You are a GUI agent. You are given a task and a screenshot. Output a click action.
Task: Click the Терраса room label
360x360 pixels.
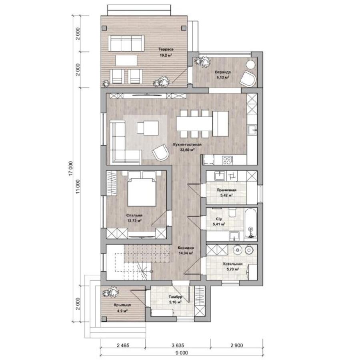click(166, 49)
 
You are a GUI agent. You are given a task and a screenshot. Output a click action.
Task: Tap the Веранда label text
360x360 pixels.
click(223, 72)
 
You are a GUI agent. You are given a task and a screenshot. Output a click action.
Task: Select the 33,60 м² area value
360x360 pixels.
click(187, 150)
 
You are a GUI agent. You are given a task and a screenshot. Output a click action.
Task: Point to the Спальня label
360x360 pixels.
click(134, 215)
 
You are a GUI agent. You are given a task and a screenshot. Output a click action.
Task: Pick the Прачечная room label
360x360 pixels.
click(226, 190)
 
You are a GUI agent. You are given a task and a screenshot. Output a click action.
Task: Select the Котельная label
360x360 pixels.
click(233, 264)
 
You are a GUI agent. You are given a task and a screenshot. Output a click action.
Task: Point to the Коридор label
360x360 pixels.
click(186, 248)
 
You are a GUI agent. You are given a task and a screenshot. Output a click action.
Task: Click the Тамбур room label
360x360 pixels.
click(176, 297)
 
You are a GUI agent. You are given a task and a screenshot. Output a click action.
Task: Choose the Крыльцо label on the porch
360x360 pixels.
click(122, 305)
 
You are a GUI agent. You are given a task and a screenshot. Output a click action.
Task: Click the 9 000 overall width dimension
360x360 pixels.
click(182, 353)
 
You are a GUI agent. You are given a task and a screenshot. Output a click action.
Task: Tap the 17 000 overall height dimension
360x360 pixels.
click(71, 168)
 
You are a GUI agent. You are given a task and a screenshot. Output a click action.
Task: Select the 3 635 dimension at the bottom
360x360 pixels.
click(178, 345)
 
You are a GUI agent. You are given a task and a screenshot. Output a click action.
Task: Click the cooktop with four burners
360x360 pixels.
click(228, 160)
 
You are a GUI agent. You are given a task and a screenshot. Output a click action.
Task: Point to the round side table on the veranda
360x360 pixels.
click(250, 64)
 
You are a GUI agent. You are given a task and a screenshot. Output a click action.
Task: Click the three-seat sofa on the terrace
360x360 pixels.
click(126, 43)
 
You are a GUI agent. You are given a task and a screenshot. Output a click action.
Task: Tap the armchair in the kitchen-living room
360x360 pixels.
click(160, 152)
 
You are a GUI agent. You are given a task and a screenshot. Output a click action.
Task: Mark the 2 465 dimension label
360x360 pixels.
click(123, 345)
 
